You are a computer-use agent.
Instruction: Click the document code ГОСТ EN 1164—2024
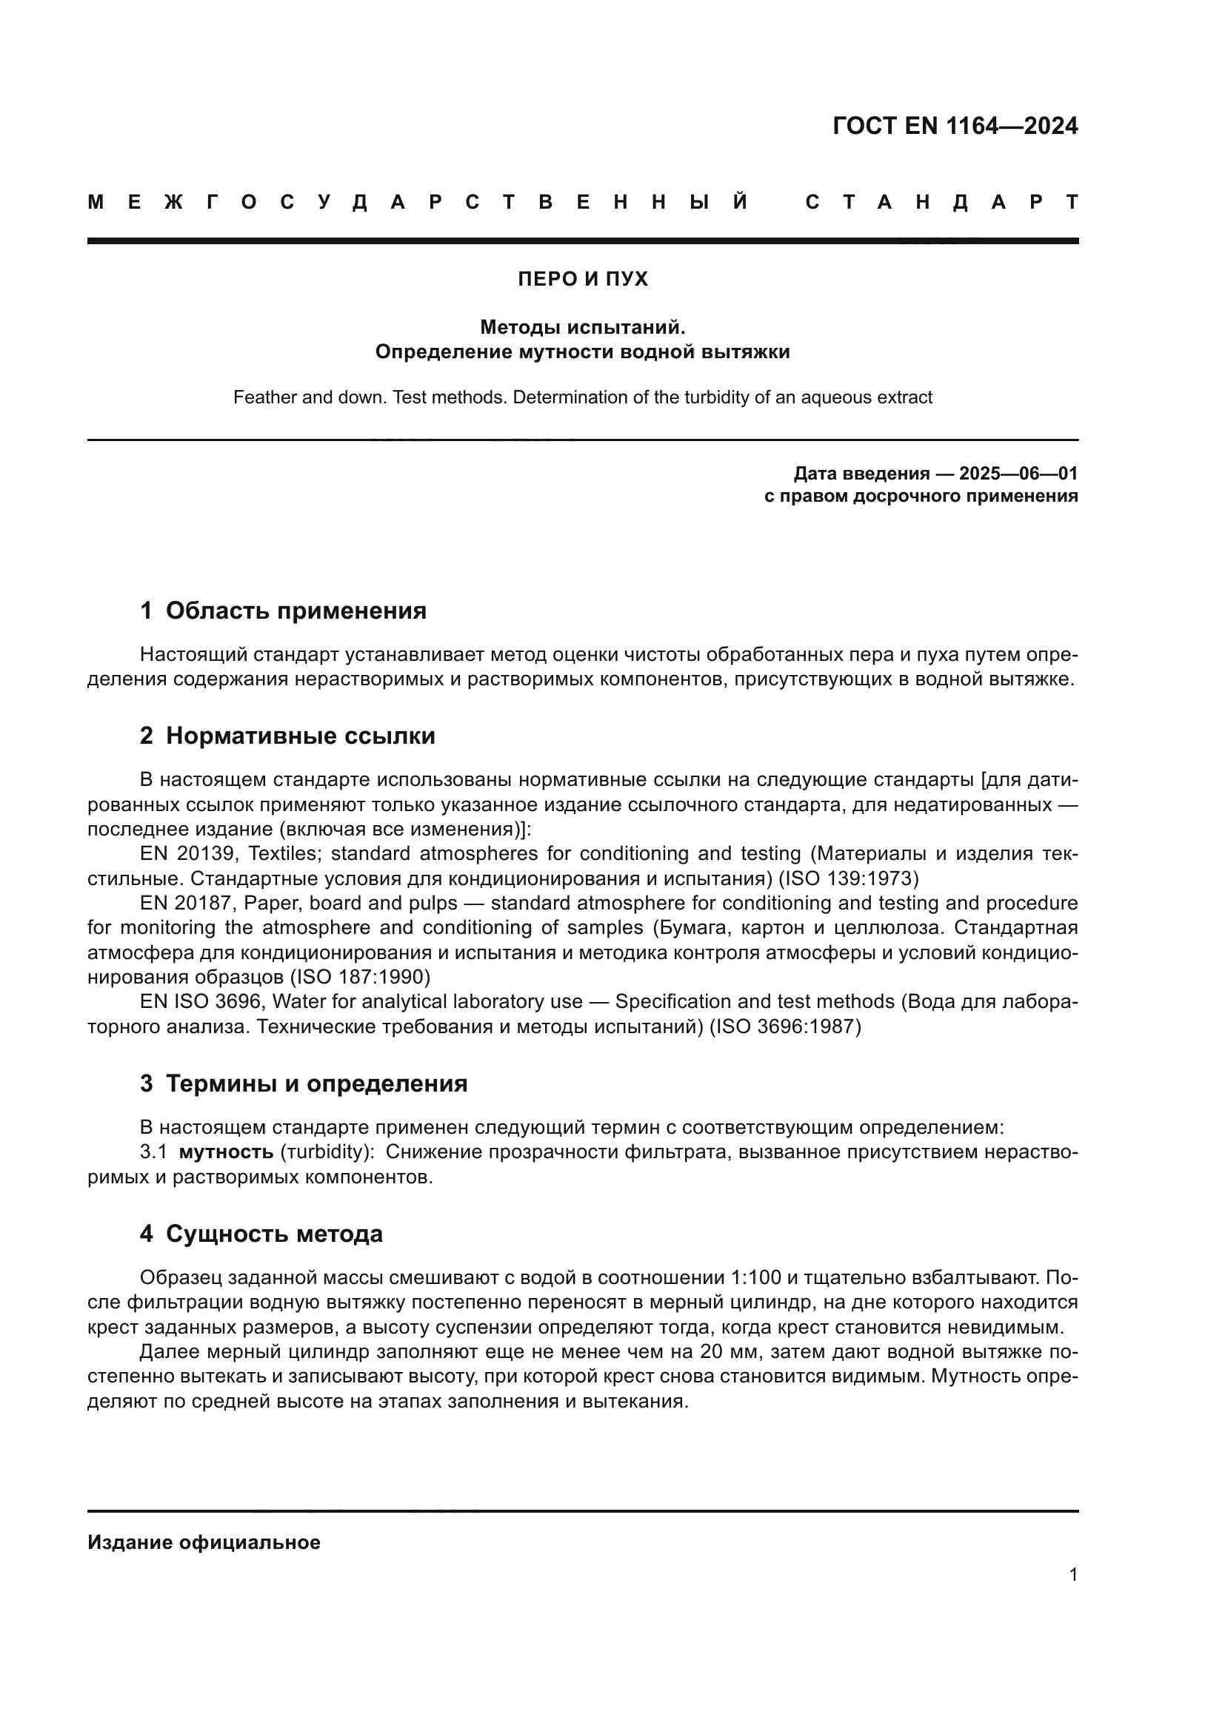pos(954,126)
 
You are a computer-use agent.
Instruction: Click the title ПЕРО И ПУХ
pos(582,279)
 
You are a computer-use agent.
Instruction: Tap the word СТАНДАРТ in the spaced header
pos(941,202)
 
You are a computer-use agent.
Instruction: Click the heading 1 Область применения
pos(283,611)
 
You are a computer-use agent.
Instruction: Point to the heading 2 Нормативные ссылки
pos(287,736)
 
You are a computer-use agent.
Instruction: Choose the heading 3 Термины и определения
pos(303,1083)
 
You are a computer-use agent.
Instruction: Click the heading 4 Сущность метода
pos(261,1234)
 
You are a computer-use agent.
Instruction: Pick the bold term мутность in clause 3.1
pos(226,1152)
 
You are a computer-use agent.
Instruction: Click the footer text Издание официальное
pos(204,1542)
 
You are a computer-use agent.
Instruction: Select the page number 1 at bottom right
pos(1073,1574)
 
